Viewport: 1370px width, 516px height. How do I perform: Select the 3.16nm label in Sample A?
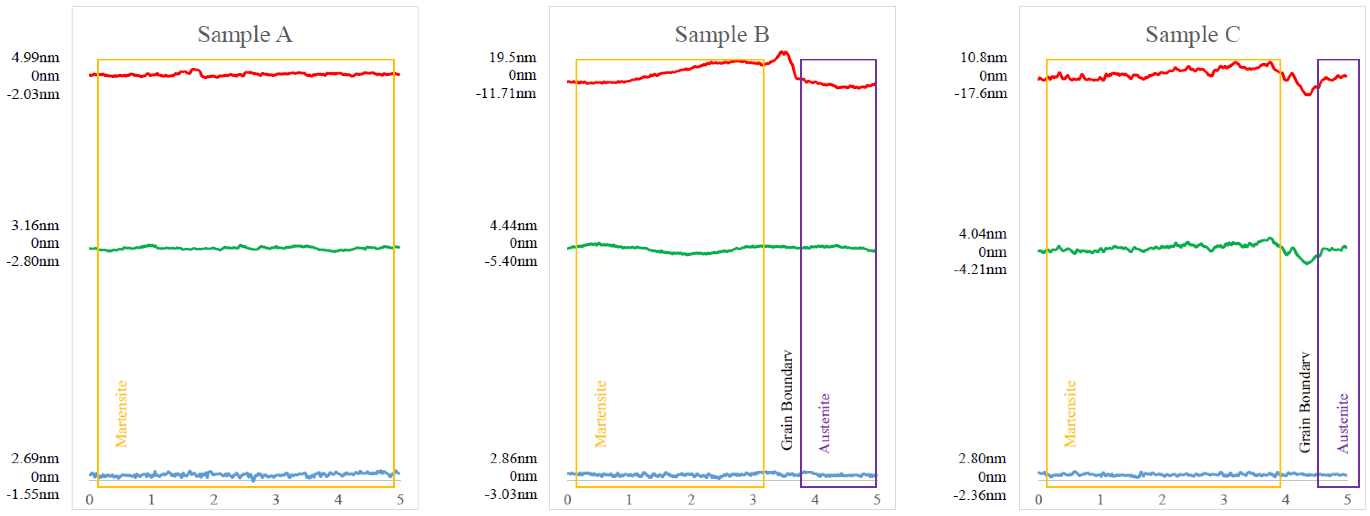coord(35,226)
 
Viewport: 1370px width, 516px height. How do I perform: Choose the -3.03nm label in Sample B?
coord(511,494)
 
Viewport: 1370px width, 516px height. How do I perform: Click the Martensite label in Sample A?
coord(122,414)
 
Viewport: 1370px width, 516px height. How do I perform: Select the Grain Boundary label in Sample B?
coord(787,400)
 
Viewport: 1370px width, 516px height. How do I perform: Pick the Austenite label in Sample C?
coord(1343,423)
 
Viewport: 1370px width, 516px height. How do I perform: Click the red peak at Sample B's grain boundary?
coord(784,53)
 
